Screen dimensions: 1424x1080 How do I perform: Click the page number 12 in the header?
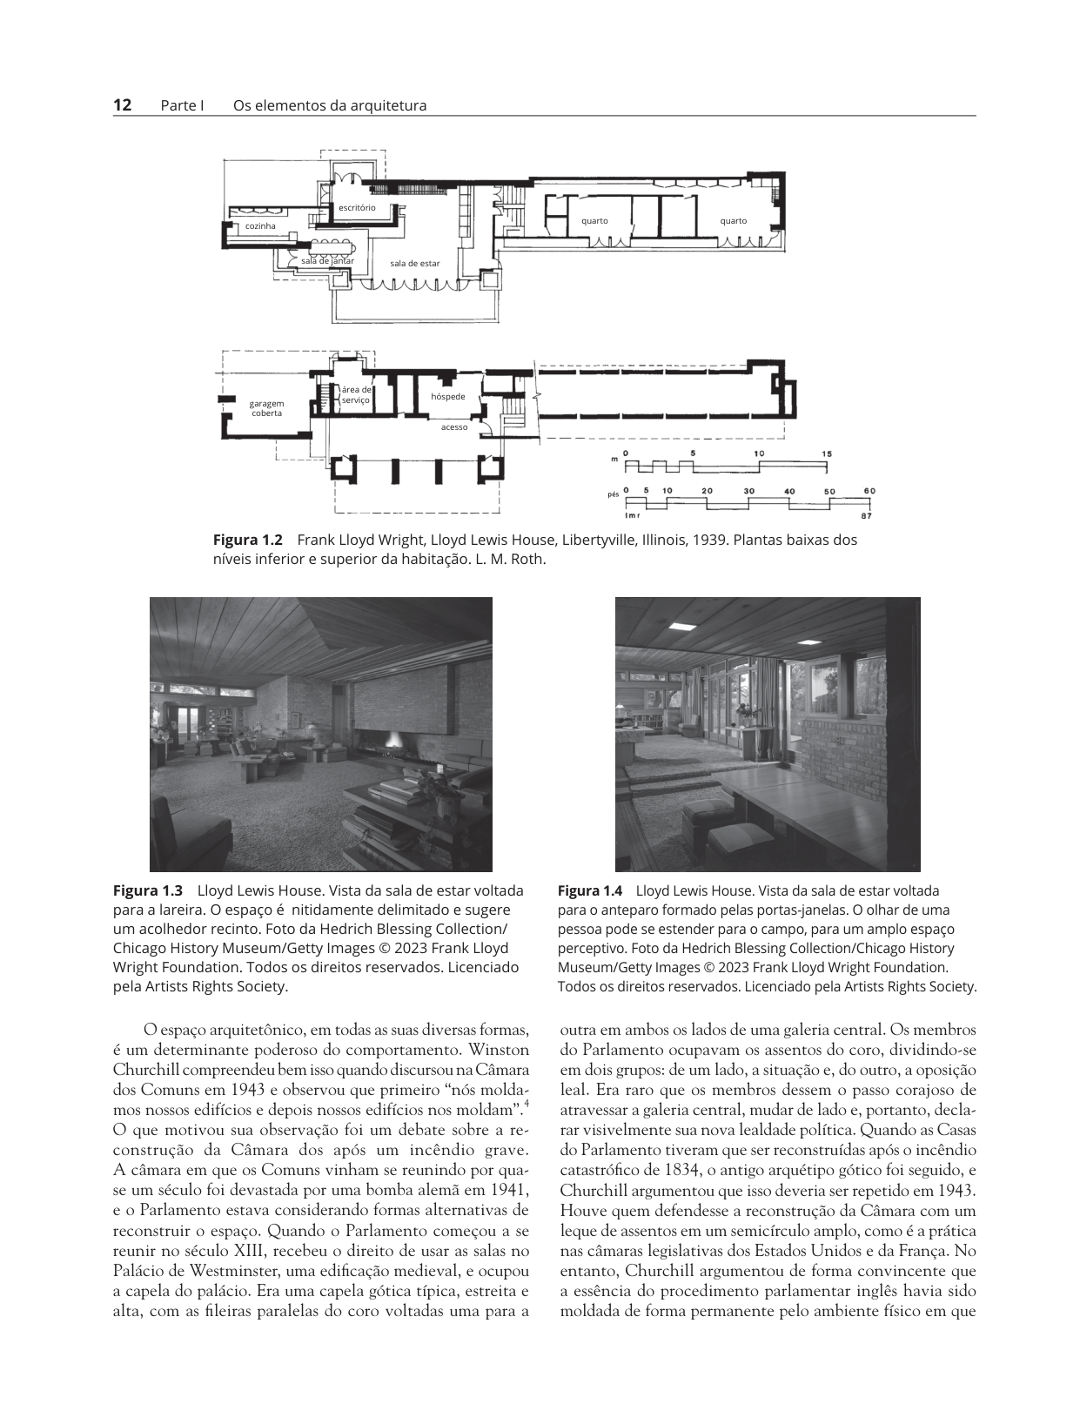pyautogui.click(x=122, y=105)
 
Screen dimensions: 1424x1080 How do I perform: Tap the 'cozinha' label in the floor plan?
pyautogui.click(x=260, y=225)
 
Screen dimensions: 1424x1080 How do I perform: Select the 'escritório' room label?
pyautogui.click(x=357, y=207)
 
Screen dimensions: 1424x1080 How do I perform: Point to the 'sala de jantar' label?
pyautogui.click(x=327, y=261)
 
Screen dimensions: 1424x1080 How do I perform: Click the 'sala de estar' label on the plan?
pyautogui.click(x=415, y=263)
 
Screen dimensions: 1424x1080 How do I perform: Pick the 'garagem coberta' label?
pyautogui.click(x=266, y=408)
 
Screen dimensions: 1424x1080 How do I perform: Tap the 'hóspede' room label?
pyautogui.click(x=448, y=396)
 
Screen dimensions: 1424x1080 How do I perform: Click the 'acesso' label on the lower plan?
pyautogui.click(x=454, y=427)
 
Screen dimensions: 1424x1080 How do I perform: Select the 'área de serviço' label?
pyautogui.click(x=355, y=394)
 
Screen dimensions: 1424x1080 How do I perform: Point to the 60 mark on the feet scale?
pyautogui.click(x=869, y=491)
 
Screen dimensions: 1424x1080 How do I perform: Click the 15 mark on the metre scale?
pyautogui.click(x=827, y=453)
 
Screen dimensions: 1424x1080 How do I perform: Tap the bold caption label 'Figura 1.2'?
pyautogui.click(x=248, y=540)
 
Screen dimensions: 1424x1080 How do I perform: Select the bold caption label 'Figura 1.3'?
pyautogui.click(x=148, y=890)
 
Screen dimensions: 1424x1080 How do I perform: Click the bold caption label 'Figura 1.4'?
pyautogui.click(x=590, y=890)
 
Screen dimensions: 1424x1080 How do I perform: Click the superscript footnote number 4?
pyautogui.click(x=526, y=1105)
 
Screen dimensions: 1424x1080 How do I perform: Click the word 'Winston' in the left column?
pyautogui.click(x=502, y=1050)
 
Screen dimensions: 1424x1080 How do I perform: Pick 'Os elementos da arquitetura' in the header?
pyautogui.click(x=330, y=105)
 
